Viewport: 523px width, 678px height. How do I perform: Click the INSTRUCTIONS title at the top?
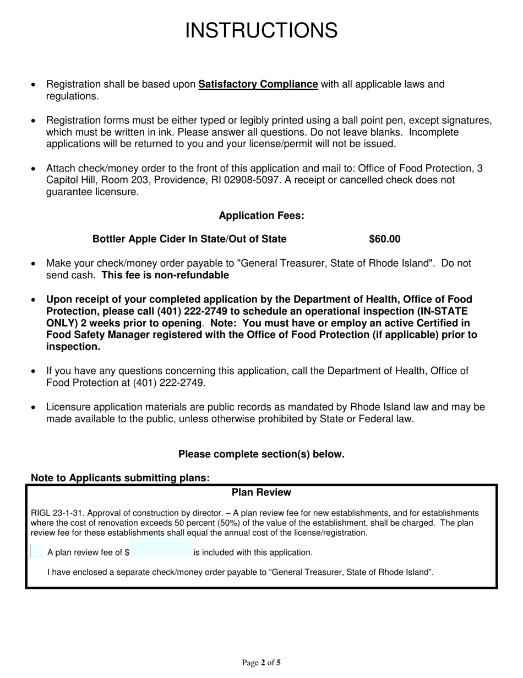click(261, 30)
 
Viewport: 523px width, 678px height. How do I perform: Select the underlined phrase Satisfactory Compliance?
click(258, 85)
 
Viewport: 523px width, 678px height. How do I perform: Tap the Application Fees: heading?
click(261, 216)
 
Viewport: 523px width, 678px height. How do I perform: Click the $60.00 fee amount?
click(384, 239)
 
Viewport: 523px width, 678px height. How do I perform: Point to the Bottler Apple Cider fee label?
click(189, 239)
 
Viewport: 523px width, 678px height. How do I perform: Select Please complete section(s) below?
click(261, 454)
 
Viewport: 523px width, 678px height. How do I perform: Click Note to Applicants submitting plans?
click(121, 478)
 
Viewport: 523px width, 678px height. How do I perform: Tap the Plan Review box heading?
click(261, 492)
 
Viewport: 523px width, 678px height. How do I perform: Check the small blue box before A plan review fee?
click(37, 552)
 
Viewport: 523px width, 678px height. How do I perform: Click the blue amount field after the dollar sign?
click(160, 552)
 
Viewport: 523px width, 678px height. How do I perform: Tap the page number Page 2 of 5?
click(261, 663)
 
